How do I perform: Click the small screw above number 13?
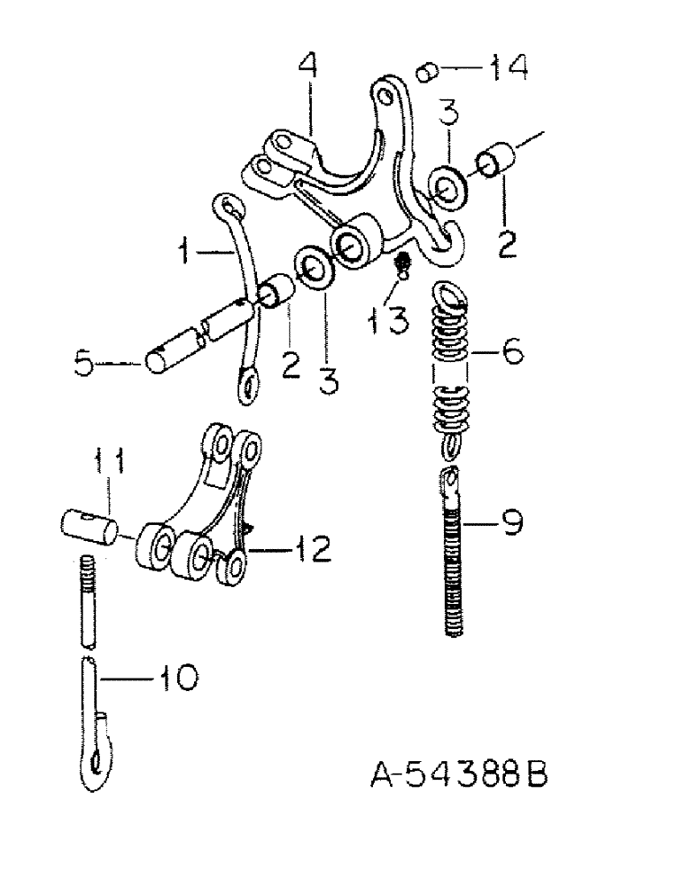[402, 263]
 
